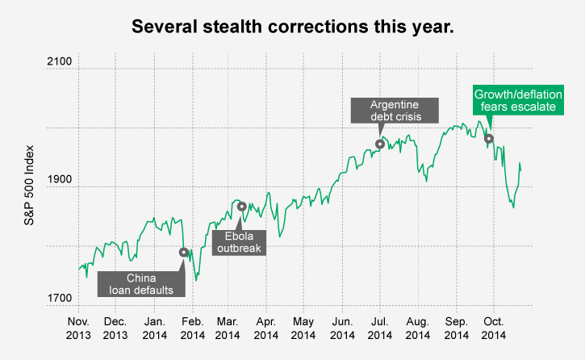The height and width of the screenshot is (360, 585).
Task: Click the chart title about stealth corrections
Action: [x=293, y=27]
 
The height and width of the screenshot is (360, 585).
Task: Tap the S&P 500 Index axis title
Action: [x=31, y=186]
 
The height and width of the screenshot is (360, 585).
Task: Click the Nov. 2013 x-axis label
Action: [x=78, y=327]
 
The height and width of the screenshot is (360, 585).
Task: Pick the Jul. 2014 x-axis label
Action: [x=380, y=327]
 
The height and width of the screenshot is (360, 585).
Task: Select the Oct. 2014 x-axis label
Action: [x=493, y=327]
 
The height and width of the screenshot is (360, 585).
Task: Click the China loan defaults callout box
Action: [x=141, y=284]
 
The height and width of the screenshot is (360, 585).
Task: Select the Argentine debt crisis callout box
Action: [x=395, y=111]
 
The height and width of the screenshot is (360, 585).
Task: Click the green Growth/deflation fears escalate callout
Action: [x=518, y=99]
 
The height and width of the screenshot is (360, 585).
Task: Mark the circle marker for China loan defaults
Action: [x=184, y=252]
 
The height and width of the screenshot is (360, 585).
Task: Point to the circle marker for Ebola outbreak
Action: [x=241, y=207]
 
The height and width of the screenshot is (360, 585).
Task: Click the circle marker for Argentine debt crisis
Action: [x=380, y=144]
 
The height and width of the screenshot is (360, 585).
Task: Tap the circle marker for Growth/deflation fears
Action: [x=489, y=138]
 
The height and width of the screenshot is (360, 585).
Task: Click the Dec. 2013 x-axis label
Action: [x=115, y=327]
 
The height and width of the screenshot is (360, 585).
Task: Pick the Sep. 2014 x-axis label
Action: [x=457, y=327]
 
